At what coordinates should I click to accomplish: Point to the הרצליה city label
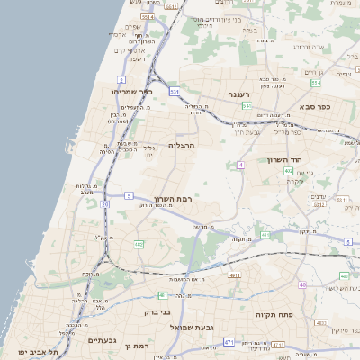pos(181,144)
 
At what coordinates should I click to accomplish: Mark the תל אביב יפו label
pos(37,351)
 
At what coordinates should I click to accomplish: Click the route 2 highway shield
pos(121,80)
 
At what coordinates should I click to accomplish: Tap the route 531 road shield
pos(174,92)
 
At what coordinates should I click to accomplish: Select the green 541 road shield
pos(247,106)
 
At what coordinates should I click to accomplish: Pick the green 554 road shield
pos(316,83)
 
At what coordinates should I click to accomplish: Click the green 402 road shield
pos(288,170)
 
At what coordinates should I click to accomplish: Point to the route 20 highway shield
pos(105,205)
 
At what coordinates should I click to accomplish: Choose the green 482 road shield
pos(139,244)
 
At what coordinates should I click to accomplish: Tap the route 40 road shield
pos(302,285)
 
